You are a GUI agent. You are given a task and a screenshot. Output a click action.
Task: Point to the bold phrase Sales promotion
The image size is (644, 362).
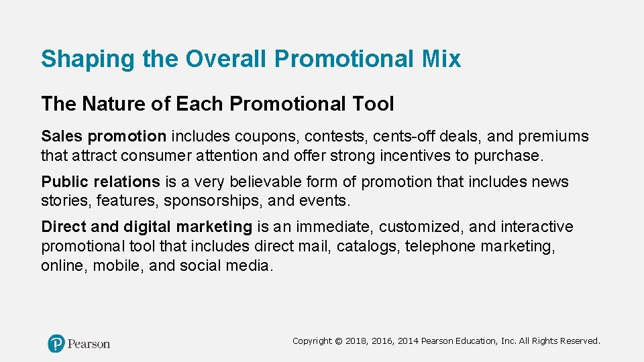click(103, 137)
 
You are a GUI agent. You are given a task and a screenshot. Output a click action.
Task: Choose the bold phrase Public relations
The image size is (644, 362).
click(101, 182)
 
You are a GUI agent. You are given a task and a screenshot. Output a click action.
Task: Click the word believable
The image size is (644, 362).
click(261, 182)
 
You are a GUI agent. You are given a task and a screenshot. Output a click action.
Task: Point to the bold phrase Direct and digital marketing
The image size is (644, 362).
click(146, 227)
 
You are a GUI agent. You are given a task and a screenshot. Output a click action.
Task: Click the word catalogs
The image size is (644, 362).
click(368, 246)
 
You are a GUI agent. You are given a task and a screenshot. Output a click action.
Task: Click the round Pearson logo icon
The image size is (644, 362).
click(56, 343)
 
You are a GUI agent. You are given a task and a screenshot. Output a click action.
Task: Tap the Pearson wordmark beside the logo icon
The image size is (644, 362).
click(89, 344)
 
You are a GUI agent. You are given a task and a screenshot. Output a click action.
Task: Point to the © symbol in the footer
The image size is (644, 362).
click(338, 341)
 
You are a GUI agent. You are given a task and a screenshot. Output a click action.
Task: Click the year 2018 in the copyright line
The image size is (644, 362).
click(358, 341)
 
